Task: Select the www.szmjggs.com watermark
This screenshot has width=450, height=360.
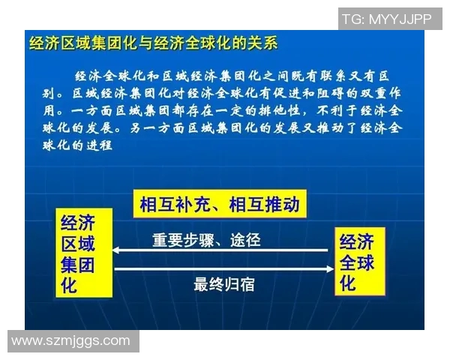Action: tap(70, 340)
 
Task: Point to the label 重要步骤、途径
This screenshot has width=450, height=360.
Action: tap(206, 241)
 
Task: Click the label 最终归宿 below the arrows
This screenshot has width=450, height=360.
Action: tap(225, 285)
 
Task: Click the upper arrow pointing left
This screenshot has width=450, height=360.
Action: tap(222, 251)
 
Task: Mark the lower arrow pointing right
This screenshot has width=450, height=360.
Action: tap(222, 268)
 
